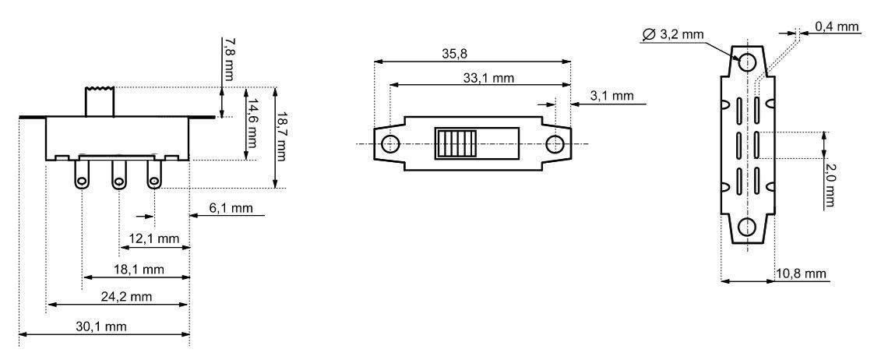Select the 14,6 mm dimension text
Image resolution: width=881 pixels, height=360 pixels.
[253, 124]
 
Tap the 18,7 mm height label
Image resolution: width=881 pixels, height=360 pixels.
[281, 136]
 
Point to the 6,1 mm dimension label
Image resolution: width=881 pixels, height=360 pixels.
[231, 208]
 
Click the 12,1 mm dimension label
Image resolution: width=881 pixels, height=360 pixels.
[154, 238]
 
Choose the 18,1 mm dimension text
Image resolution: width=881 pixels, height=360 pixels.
[139, 270]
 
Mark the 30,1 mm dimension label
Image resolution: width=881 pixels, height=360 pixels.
[101, 326]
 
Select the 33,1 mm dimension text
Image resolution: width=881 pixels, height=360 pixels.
[488, 78]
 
